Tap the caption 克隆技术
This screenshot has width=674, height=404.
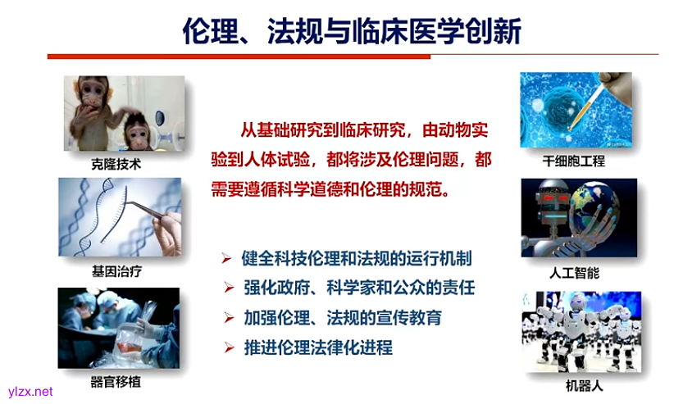[116, 164]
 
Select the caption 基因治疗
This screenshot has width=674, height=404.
[116, 270]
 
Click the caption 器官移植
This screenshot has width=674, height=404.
[116, 381]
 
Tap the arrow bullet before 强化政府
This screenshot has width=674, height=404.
[228, 288]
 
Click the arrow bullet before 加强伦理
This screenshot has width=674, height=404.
[228, 318]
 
